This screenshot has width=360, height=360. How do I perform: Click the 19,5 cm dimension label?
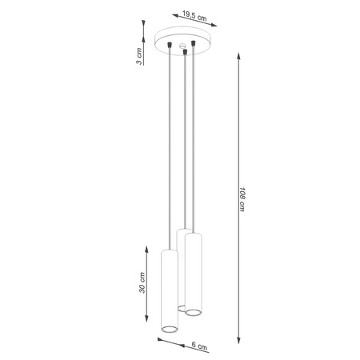point(190,16)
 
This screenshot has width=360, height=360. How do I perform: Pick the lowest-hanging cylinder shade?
point(169,291)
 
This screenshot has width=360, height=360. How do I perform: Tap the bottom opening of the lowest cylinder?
point(169,330)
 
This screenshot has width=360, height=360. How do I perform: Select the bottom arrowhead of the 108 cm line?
point(239,338)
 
